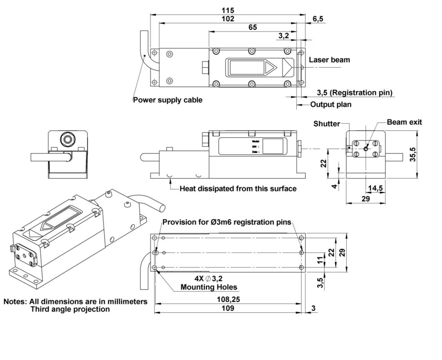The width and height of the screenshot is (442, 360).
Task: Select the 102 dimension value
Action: click(228, 19)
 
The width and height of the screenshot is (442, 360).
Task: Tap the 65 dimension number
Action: click(253, 27)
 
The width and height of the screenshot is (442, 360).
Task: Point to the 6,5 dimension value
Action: click(318, 19)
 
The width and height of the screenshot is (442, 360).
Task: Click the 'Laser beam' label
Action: click(329, 60)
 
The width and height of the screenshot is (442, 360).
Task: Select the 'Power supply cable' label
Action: click(168, 100)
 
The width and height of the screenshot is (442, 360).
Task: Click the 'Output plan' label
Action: click(331, 105)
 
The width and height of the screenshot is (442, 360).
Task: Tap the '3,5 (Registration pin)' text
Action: click(354, 93)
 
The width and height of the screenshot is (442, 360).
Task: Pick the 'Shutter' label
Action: click(326, 124)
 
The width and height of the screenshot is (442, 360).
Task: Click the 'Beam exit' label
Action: click(404, 122)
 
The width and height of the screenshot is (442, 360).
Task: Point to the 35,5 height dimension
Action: click(413, 155)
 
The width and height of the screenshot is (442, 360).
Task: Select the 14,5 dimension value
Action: click(375, 188)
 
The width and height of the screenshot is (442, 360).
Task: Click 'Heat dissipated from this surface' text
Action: click(238, 189)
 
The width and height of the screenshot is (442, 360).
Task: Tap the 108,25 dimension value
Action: click(228, 299)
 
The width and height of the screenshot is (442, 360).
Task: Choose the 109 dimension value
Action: click(228, 308)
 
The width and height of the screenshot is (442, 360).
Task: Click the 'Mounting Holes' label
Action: click(209, 287)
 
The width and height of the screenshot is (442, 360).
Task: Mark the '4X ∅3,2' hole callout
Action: click(208, 279)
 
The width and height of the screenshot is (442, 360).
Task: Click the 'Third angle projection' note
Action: click(70, 309)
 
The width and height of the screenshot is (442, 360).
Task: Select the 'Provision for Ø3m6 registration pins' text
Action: click(227, 222)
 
